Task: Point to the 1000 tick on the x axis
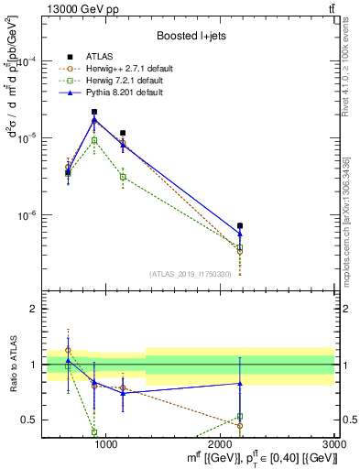pos(106,442)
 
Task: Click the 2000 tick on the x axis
pos(221,442)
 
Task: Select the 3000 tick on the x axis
pos(335,442)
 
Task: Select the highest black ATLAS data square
pos(94,112)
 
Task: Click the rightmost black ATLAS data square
pos(240,225)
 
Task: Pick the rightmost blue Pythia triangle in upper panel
pos(240,234)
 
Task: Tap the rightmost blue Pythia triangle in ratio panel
pos(240,383)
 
